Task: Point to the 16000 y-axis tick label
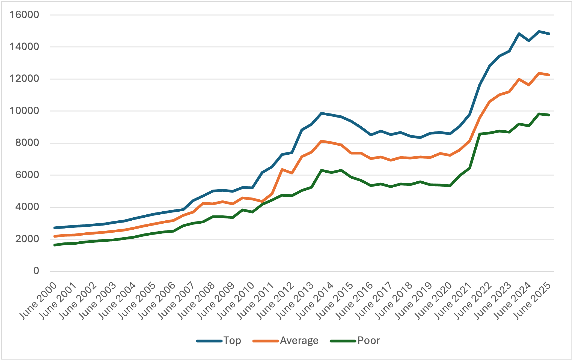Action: (24, 15)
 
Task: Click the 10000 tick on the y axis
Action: (24, 111)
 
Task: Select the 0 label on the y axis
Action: (36, 271)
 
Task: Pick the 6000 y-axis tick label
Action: (27, 175)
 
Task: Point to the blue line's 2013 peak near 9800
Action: (322, 113)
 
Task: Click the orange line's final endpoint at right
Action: (549, 75)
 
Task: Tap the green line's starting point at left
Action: (55, 245)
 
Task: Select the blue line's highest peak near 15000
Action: (539, 31)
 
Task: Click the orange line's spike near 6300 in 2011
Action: (282, 169)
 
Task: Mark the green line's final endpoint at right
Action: (549, 115)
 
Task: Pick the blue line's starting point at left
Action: (55, 228)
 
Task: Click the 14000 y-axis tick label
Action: (24, 47)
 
